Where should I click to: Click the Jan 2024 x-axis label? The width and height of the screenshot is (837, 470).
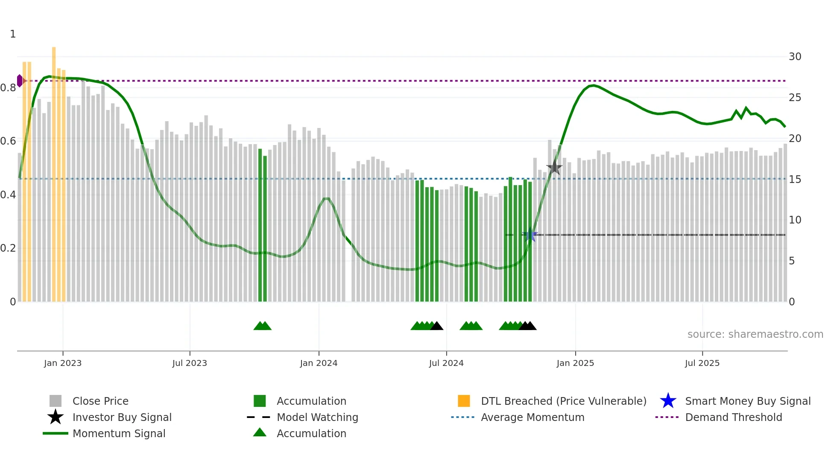coord(319,363)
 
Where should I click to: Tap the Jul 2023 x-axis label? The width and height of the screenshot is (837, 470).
coord(190,363)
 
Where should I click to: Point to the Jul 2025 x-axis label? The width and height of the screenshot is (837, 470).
coord(702,363)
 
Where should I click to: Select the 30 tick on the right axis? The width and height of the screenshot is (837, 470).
coord(795,57)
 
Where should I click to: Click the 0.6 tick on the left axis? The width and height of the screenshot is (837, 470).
coord(8,141)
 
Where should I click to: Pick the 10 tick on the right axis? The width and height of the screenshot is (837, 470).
coord(795,220)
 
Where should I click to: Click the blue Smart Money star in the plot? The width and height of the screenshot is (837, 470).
coord(530,235)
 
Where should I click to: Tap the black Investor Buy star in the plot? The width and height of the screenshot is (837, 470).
coord(554,168)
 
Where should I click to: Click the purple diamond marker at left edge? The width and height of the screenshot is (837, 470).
coord(20,81)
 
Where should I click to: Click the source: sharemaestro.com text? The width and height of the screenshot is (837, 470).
coord(755,334)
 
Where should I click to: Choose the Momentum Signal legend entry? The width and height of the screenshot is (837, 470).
coord(119,433)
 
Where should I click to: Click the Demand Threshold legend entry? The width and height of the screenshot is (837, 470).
coord(733,417)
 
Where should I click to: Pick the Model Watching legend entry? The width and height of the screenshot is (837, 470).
coord(317,417)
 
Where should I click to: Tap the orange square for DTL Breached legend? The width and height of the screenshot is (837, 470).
coord(464,401)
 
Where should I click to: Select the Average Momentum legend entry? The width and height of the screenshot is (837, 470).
coord(532,417)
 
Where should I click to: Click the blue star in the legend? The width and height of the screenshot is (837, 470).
coord(668,401)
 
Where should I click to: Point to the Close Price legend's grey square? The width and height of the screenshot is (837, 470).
coord(56,401)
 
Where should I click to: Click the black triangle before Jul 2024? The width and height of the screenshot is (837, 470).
coord(436,326)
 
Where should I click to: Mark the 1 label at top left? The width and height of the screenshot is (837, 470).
coord(13,34)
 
